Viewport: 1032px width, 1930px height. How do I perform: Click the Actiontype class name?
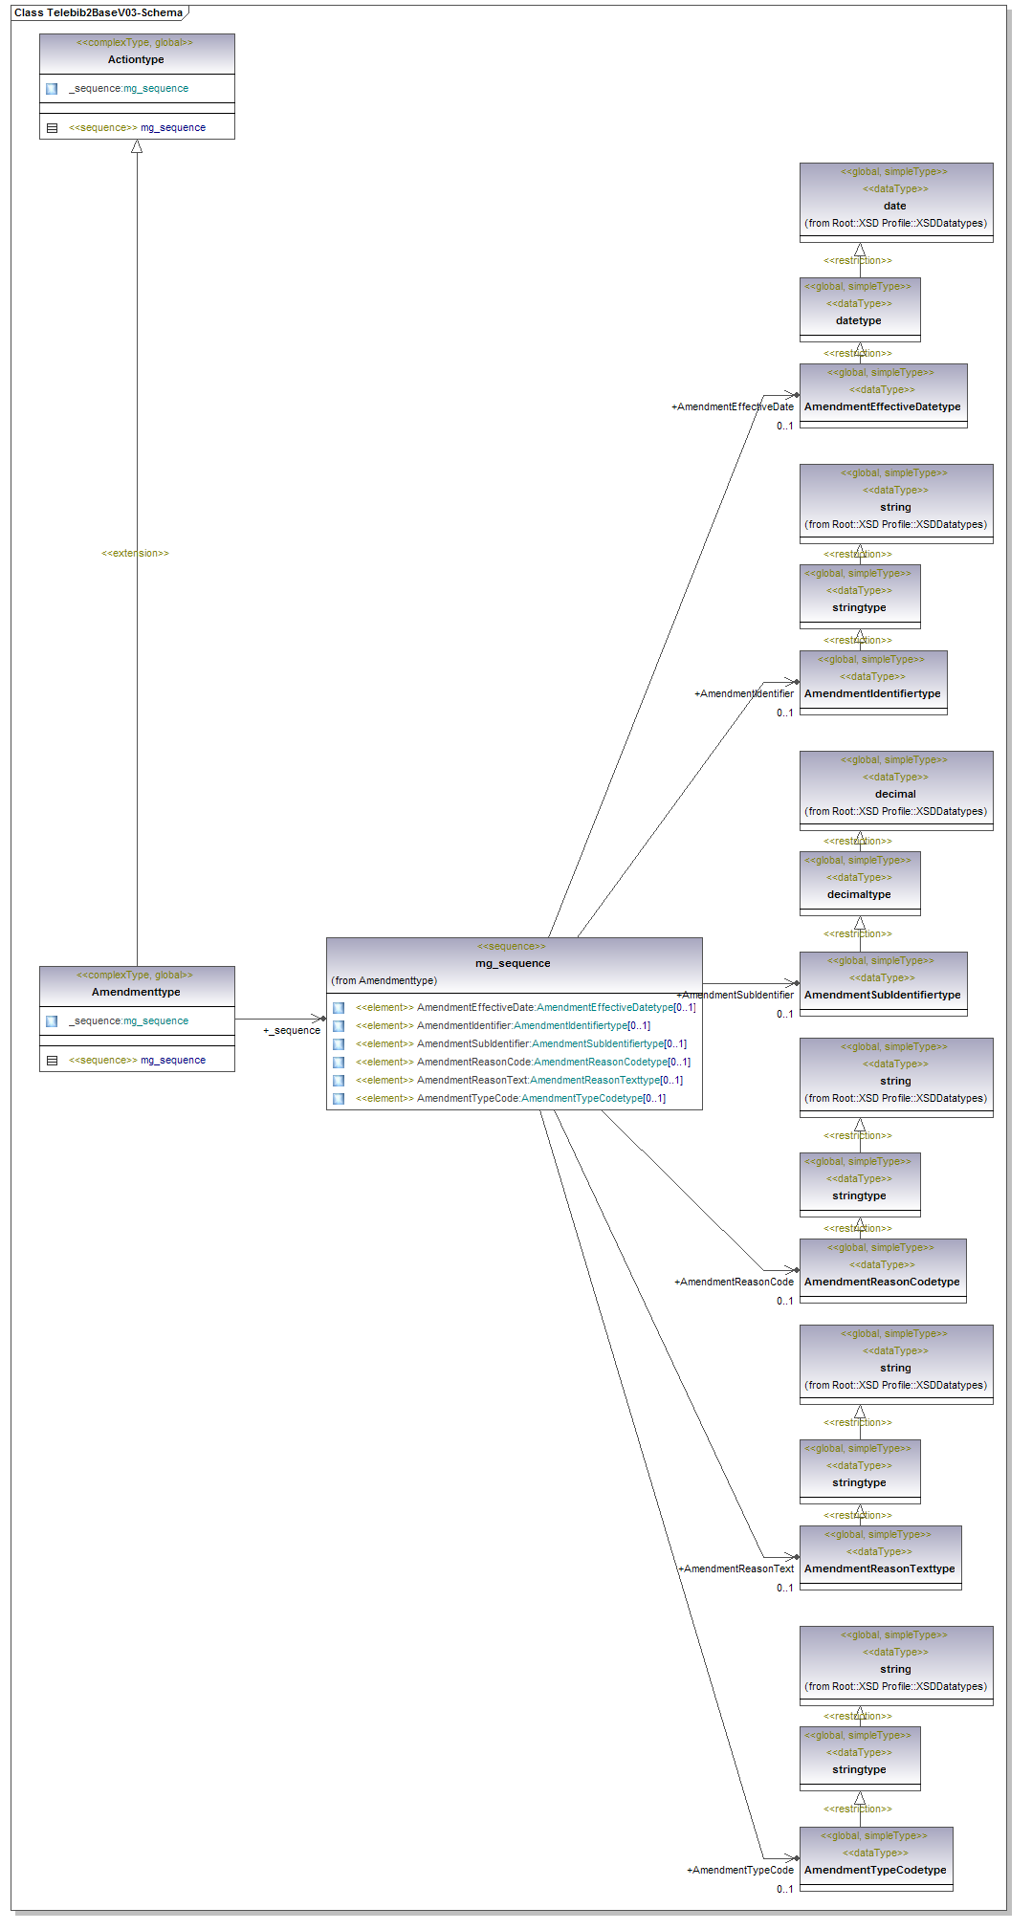pos(136,59)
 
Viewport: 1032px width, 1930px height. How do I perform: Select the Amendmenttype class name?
pos(136,992)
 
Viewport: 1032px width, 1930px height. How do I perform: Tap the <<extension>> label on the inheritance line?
pos(135,554)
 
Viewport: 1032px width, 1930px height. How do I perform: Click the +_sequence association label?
pos(292,1030)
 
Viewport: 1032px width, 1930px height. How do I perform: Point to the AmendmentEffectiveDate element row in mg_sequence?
pos(525,1007)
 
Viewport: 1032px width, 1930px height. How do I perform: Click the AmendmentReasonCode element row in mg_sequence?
pos(522,1062)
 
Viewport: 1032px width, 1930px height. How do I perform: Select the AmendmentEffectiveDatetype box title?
pos(882,406)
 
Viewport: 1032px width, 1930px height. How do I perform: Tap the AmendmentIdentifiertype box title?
pos(872,693)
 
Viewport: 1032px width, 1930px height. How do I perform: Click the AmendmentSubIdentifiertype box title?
pos(882,995)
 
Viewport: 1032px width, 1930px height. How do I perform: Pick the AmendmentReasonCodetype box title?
pos(882,1282)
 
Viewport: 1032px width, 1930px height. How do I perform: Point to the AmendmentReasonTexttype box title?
pos(879,1568)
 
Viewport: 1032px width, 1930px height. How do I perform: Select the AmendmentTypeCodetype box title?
pos(875,1870)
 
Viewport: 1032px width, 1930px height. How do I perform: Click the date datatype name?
pos(895,206)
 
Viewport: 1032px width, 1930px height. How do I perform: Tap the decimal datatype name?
pos(895,794)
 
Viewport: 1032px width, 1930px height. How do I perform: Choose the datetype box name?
pos(859,320)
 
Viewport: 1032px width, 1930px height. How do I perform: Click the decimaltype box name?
pos(859,894)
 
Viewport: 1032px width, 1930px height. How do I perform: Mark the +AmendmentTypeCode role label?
pos(740,1870)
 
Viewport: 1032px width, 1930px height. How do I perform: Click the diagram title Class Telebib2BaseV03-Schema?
pos(99,12)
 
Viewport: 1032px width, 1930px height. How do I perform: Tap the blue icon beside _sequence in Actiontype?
pos(52,89)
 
